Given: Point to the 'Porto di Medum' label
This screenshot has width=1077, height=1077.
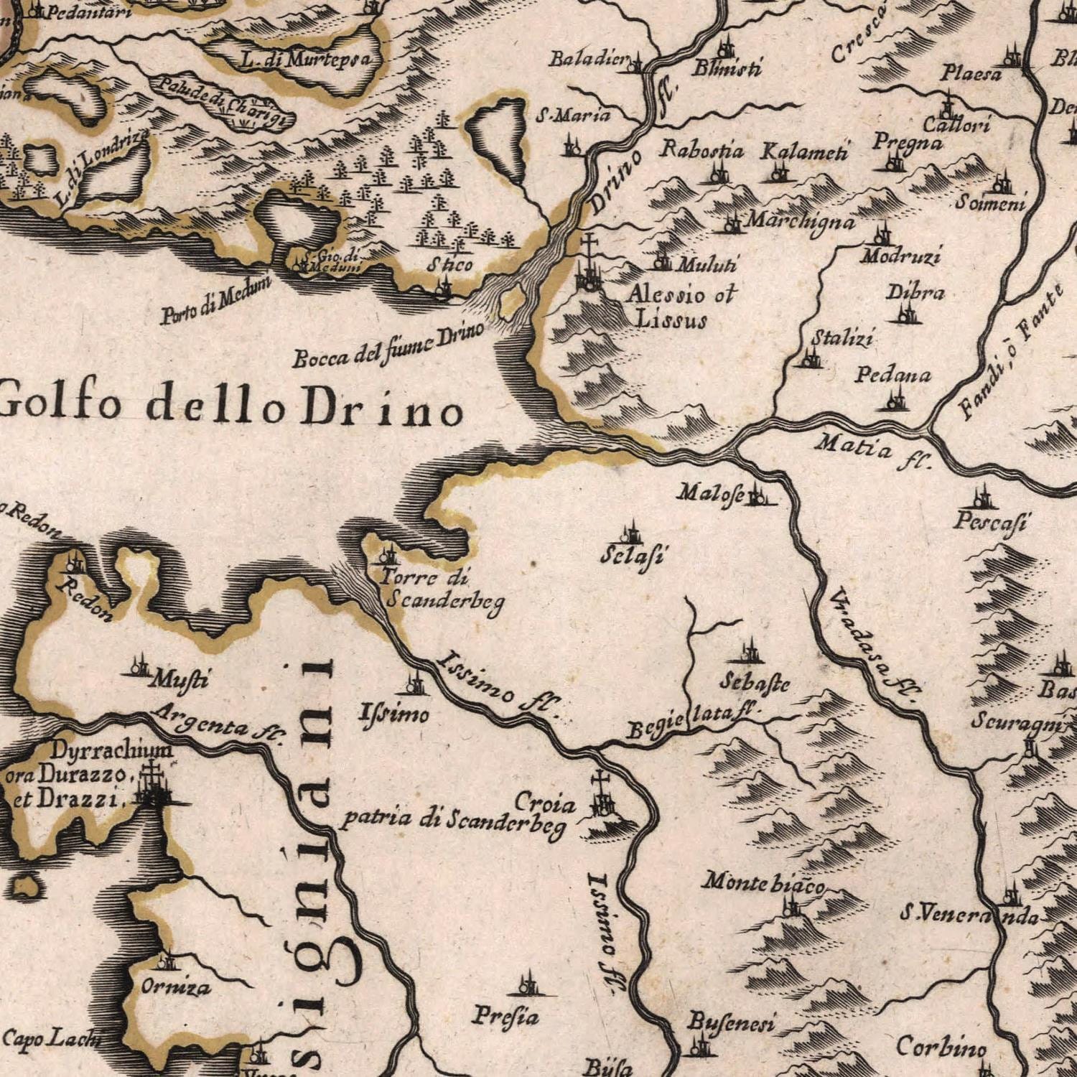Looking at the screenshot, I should [215, 301].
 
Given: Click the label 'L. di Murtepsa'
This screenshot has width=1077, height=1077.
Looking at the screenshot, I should [306, 60].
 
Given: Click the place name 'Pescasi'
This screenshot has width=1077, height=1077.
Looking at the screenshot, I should [991, 523].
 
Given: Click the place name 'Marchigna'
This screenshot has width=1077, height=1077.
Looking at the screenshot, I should [799, 221].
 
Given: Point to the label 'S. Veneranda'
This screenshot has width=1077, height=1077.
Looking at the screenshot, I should [969, 916].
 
